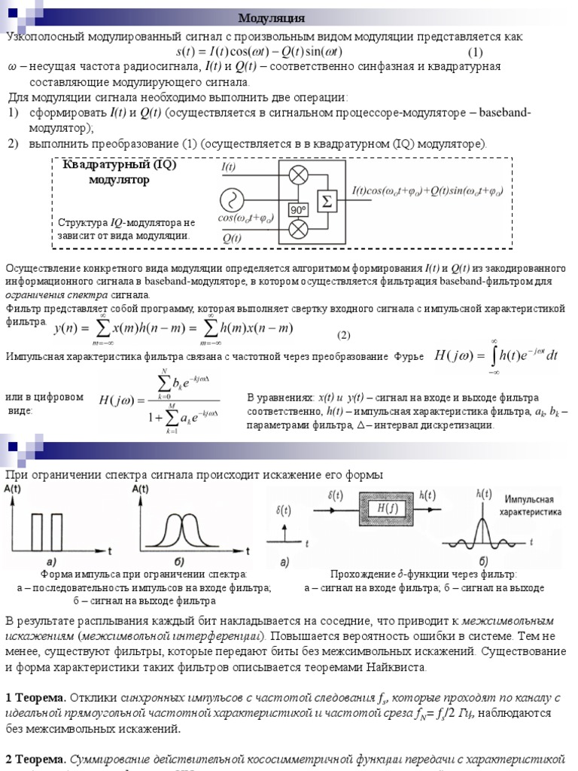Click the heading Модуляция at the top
tap(272, 18)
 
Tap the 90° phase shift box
tap(299, 209)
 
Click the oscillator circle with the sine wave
tap(232, 200)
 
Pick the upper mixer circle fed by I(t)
tap(299, 176)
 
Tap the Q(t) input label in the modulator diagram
tap(232, 238)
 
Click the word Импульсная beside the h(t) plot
tap(529, 499)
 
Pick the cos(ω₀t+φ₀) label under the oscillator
tap(245, 218)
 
